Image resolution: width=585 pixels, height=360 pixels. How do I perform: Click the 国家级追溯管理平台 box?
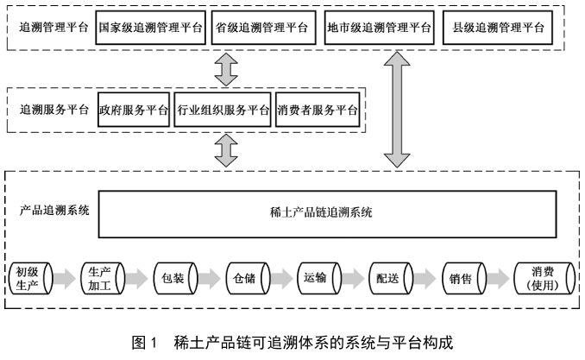[151, 28]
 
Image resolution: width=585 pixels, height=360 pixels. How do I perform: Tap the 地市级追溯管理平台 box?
[379, 28]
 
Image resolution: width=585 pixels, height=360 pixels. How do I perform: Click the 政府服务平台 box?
[134, 111]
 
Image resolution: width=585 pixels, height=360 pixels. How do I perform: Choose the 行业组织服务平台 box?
[223, 111]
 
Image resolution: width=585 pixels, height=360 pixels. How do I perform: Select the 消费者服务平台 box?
[317, 111]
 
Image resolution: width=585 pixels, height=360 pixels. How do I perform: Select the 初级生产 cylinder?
[31, 279]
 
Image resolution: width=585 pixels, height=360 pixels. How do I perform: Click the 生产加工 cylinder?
[102, 279]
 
